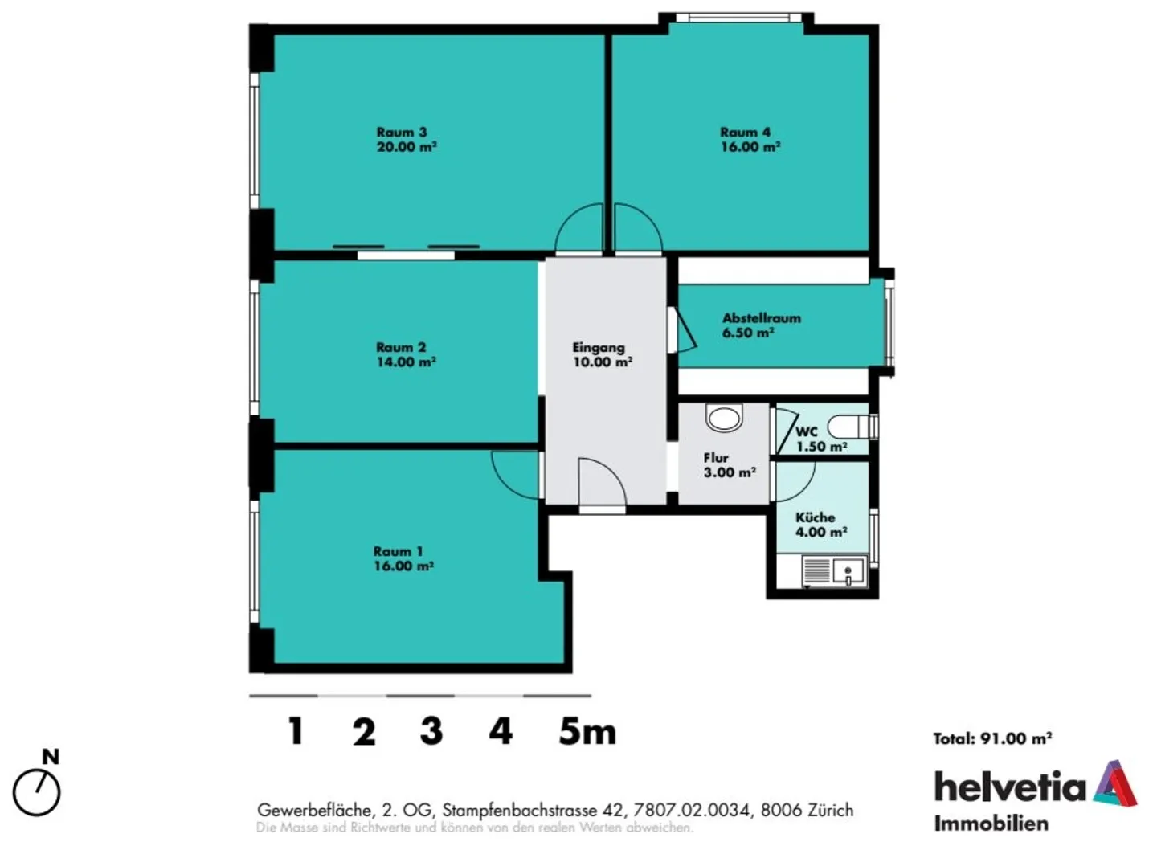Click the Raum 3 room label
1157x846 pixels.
(402, 133)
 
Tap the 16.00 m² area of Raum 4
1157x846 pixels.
(750, 147)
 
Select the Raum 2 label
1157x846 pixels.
(401, 348)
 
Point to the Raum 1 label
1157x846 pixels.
(399, 552)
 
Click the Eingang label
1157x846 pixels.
(599, 348)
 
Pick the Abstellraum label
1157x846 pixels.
(762, 318)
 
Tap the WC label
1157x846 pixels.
(807, 431)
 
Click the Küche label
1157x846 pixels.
(815, 517)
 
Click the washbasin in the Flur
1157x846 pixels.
(724, 417)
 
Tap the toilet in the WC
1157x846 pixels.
(852, 427)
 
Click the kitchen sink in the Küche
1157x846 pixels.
(849, 572)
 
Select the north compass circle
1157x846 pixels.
(37, 794)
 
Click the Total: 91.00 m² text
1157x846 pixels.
(993, 738)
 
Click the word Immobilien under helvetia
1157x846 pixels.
(991, 824)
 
